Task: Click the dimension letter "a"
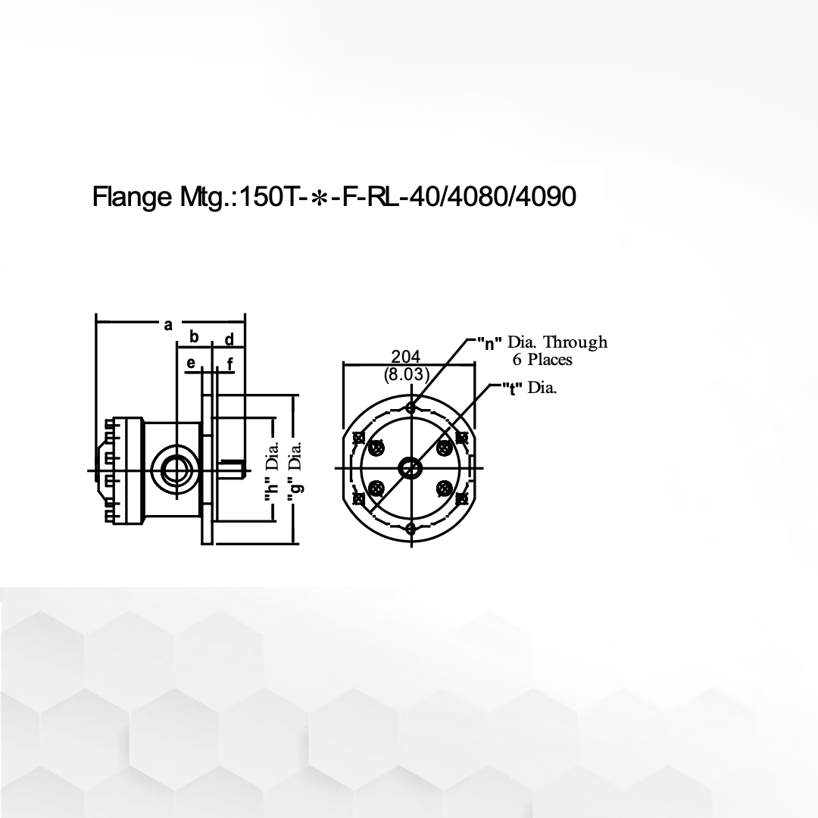coord(168,325)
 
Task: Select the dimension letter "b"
coord(194,336)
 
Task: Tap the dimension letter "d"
coord(229,339)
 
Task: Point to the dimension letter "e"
coord(191,363)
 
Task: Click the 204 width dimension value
coord(406,356)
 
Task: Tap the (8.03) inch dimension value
coord(407,374)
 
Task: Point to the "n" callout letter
coord(490,343)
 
